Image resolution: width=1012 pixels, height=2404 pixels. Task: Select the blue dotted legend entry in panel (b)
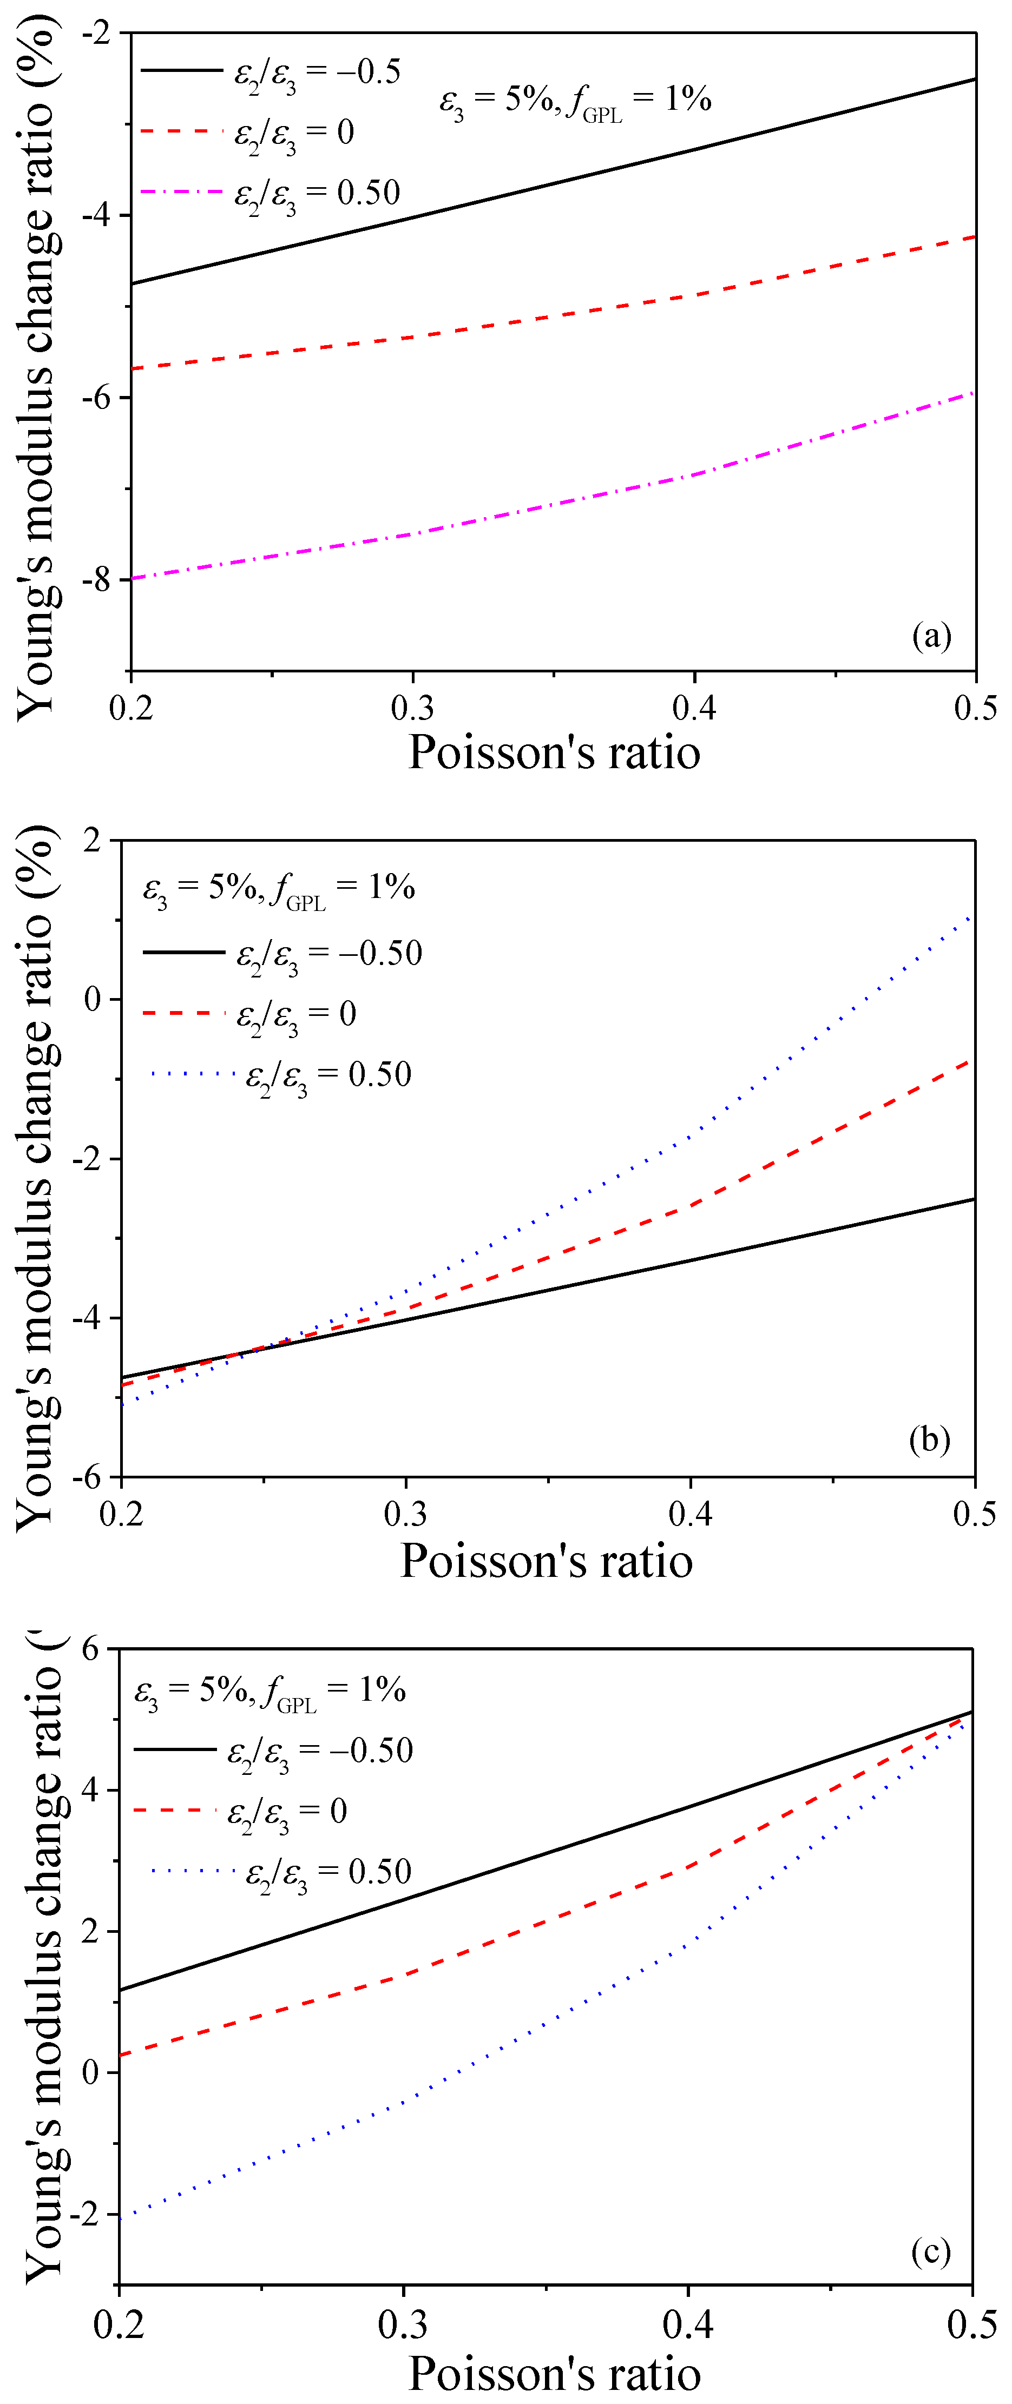(280, 1074)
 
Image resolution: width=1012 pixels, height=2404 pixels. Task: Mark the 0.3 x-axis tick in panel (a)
(412, 708)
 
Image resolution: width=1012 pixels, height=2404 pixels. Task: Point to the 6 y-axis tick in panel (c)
(90, 1648)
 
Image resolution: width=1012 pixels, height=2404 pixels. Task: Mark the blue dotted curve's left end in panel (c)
(121, 2217)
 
